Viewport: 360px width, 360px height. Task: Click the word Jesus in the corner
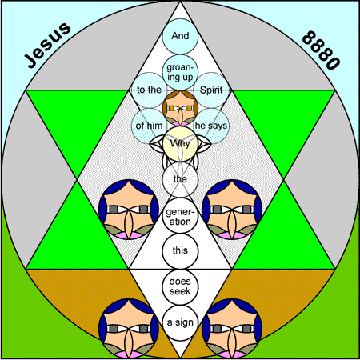click(47, 45)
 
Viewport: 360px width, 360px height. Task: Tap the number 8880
click(322, 50)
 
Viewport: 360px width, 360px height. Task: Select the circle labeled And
click(180, 36)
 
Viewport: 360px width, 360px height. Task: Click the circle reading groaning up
click(180, 72)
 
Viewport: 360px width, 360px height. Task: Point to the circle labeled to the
click(149, 90)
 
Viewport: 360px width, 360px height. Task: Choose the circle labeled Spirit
click(211, 90)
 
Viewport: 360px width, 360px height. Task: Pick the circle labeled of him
click(149, 126)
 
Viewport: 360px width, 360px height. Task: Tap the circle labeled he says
click(211, 126)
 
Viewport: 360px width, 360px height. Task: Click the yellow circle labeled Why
click(180, 144)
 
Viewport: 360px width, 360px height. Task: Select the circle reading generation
click(180, 216)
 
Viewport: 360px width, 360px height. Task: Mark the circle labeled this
click(180, 250)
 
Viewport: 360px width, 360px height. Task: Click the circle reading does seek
click(180, 286)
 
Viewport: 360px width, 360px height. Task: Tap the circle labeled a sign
click(180, 322)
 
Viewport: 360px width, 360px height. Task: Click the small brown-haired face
click(180, 108)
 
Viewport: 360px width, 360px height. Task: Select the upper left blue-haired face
click(129, 210)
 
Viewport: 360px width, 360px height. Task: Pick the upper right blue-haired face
click(232, 210)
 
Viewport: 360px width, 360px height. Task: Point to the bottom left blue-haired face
click(129, 328)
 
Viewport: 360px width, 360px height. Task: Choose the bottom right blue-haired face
click(232, 328)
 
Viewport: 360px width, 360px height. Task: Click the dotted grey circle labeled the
click(180, 179)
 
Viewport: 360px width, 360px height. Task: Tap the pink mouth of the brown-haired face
click(180, 124)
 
